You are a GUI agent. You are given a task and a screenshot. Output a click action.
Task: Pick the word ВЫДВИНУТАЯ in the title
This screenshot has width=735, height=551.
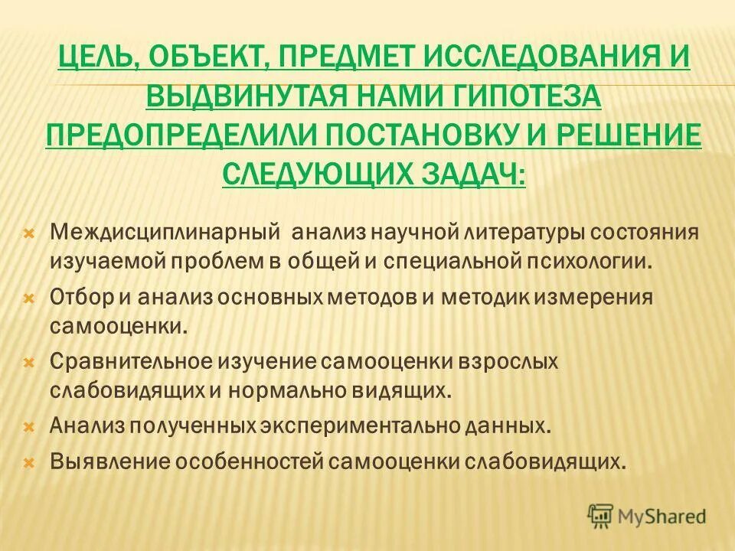(239, 97)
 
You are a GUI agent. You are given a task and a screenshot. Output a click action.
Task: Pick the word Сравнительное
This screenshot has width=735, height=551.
(134, 360)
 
